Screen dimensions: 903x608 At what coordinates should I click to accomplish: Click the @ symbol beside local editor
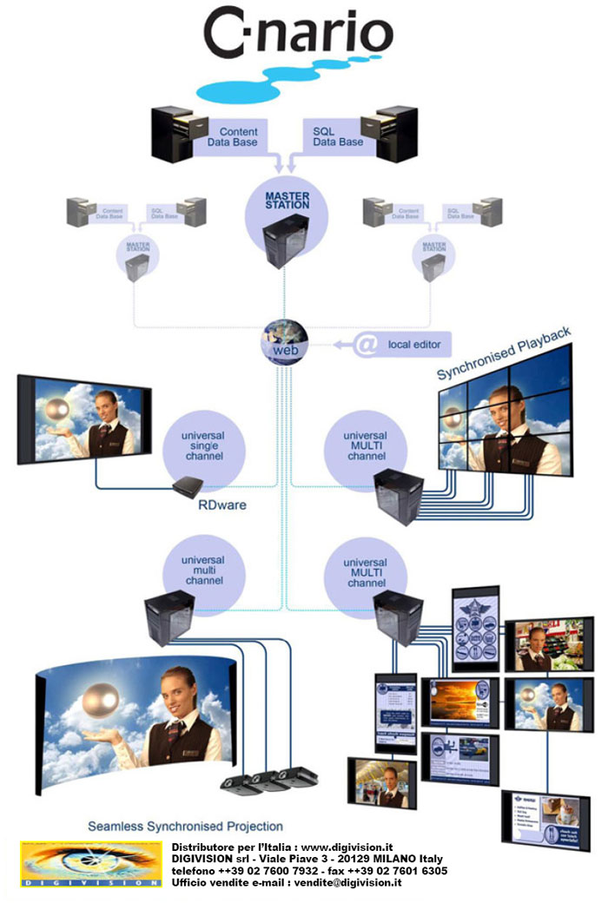[367, 345]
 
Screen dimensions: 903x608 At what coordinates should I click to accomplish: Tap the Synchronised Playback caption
[504, 353]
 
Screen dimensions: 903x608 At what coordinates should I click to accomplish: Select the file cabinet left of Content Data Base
[173, 135]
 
